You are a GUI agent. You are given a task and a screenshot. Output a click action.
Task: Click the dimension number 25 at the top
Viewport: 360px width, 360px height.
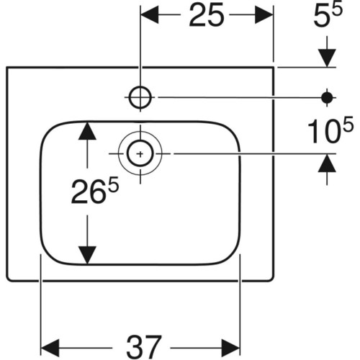coord(207,15)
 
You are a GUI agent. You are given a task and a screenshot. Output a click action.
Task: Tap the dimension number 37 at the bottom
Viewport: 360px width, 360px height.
coord(144,347)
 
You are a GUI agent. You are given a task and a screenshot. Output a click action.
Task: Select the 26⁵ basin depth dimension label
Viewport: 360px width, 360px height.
coord(95,192)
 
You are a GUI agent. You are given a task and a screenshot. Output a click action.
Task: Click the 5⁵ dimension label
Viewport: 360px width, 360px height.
coord(328,15)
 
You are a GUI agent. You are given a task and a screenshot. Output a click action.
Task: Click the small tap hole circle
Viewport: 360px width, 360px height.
coord(140,97)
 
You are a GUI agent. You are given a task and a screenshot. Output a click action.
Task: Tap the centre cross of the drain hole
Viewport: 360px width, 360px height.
coord(140,153)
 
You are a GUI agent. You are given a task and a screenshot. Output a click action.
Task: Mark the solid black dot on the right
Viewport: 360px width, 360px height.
coord(327,97)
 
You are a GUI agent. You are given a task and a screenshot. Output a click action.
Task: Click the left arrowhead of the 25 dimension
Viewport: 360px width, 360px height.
coord(150,15)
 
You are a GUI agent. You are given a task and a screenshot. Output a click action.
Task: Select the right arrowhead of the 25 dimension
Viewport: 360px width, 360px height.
coord(264,15)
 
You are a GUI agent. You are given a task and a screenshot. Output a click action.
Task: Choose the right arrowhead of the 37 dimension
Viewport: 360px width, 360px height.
coord(230,348)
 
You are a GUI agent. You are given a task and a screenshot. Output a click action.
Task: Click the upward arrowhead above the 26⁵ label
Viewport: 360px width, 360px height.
coord(87,131)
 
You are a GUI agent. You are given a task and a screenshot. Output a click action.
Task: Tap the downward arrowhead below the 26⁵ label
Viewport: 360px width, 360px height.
coord(87,255)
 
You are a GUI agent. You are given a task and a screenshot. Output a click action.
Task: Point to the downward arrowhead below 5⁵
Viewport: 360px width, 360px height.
coord(327,58)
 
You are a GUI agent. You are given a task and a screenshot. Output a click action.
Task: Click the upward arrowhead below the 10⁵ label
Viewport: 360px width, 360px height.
coord(327,163)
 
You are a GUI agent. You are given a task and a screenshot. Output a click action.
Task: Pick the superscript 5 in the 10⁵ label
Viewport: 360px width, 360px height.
coord(348,124)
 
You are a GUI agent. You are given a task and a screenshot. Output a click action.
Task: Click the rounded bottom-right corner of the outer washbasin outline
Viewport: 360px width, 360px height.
coord(271,278)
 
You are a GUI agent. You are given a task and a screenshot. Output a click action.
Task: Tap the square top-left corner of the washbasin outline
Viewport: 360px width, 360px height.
coord(7,68)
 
